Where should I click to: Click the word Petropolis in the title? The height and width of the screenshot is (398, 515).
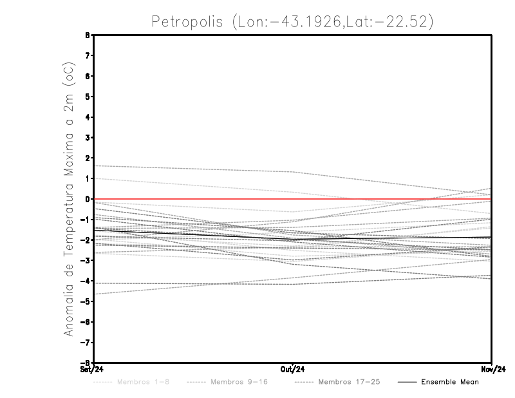pos(187,21)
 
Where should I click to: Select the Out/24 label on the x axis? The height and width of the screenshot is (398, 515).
pos(293,369)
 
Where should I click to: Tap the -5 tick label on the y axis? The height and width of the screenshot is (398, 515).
pos(87,301)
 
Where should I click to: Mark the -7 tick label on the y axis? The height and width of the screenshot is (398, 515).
pos(87,343)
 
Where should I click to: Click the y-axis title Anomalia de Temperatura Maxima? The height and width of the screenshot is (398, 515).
pos(69,200)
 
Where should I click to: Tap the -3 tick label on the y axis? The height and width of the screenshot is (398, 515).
pos(87,260)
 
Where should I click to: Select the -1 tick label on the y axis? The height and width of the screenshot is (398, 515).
pos(87,220)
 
